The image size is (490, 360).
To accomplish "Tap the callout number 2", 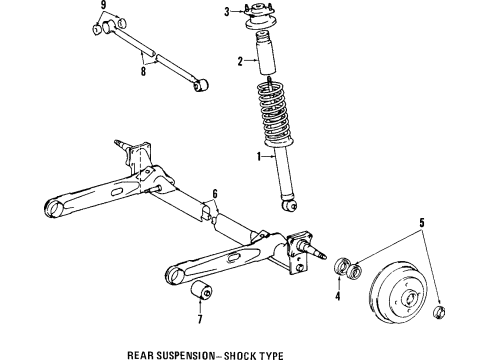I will tap(240, 62).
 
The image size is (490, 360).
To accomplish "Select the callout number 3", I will tap(227, 11).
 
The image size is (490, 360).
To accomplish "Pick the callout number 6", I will tap(213, 194).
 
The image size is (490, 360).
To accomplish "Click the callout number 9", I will tap(103, 7).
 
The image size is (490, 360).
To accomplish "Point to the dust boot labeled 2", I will tap(268, 58).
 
